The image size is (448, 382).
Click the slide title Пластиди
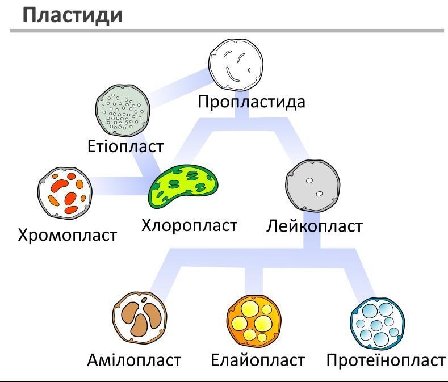(73, 15)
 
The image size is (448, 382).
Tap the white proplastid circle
(236, 65)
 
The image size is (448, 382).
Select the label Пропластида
(252, 102)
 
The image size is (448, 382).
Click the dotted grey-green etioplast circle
(123, 110)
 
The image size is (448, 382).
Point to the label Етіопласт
(125, 146)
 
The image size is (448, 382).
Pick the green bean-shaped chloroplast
(183, 186)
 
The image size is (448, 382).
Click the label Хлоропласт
(189, 225)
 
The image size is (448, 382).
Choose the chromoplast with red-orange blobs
(65, 194)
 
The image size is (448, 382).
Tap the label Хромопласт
(68, 236)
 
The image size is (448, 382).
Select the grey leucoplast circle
(313, 186)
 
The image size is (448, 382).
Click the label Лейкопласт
(315, 226)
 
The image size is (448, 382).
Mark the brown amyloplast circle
(140, 318)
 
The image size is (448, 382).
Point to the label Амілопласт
(134, 360)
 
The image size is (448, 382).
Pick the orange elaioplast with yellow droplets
(254, 321)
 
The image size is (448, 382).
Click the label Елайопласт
(258, 360)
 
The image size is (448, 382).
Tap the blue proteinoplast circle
(378, 324)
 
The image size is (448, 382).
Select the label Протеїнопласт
(386, 360)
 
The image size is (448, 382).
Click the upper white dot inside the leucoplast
(309, 180)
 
